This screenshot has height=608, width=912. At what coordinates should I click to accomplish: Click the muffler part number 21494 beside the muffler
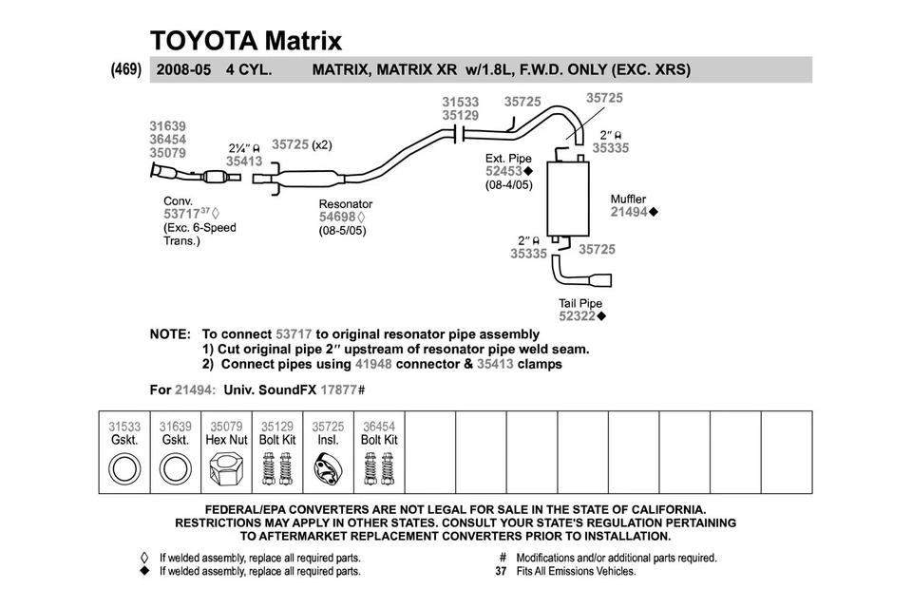point(628,213)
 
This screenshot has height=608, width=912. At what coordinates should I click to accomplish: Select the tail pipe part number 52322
point(578,315)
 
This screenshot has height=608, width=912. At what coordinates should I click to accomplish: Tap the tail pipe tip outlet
point(603,281)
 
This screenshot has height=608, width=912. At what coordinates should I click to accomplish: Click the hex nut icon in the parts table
point(226,470)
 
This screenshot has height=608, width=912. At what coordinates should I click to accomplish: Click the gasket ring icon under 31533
point(124,470)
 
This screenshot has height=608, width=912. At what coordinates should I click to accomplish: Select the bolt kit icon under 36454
point(379,470)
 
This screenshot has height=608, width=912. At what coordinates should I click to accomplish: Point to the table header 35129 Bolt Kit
point(277,433)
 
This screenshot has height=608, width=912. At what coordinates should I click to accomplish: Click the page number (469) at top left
point(126,68)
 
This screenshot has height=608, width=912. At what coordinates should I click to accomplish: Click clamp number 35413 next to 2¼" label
point(244,161)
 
